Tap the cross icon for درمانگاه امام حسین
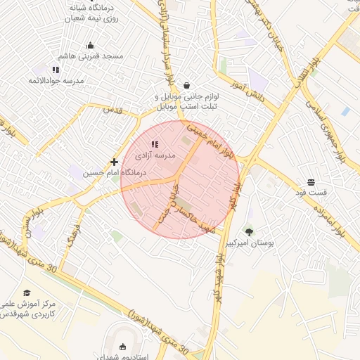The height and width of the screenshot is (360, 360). tap(114, 162)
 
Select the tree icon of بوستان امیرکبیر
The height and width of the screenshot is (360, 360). tap(249, 231)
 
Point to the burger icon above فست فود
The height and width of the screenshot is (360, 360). tap(311, 181)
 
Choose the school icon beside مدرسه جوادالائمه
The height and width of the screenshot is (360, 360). tap(56, 70)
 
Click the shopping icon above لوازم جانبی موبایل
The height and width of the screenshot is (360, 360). tap(186, 85)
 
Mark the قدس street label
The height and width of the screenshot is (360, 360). tap(112, 110)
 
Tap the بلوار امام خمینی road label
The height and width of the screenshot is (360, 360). tap(212, 140)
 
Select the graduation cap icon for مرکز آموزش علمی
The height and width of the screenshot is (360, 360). tap(27, 292)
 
